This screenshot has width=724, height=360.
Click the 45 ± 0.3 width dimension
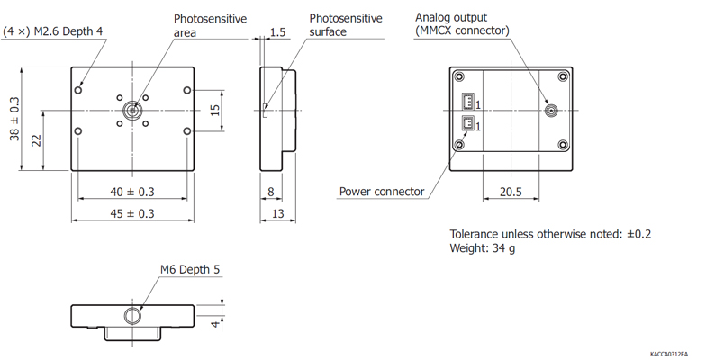131,213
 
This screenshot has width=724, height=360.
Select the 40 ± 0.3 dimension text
131,192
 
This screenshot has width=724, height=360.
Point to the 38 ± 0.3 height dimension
14,119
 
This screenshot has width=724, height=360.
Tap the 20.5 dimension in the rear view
511,192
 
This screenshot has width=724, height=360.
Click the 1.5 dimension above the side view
277,32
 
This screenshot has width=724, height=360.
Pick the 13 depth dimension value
277,213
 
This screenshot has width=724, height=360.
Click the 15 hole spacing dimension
215,111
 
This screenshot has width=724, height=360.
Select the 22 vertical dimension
36,140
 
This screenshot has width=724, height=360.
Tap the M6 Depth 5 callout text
190,269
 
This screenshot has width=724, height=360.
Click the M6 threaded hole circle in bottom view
133,316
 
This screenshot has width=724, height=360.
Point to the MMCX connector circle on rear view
550,111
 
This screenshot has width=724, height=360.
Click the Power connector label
382,192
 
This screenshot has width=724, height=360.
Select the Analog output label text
451,17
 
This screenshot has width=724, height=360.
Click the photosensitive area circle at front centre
132,111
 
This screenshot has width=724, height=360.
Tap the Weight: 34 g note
483,248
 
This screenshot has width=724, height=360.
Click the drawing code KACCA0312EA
669,355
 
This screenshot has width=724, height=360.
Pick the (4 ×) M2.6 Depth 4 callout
53,31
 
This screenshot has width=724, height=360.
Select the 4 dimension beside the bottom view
215,324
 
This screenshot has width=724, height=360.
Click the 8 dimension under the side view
270,192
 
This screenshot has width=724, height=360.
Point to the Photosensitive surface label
346,25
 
